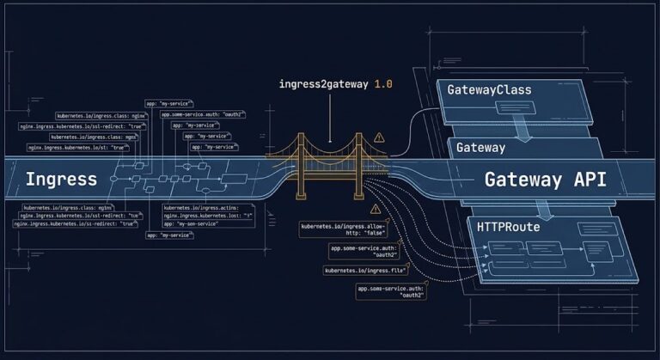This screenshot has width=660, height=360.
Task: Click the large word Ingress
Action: (x=60, y=180)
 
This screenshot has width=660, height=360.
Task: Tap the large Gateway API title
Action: (x=545, y=180)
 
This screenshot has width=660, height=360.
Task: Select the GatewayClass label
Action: (x=489, y=89)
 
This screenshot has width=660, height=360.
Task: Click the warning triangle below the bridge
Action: (x=375, y=209)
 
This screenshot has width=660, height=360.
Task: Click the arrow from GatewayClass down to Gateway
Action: (x=522, y=126)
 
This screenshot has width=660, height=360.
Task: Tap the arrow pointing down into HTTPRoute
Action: (x=544, y=208)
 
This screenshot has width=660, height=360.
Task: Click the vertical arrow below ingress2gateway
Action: (x=325, y=112)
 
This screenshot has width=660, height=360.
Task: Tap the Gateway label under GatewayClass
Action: (x=480, y=148)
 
